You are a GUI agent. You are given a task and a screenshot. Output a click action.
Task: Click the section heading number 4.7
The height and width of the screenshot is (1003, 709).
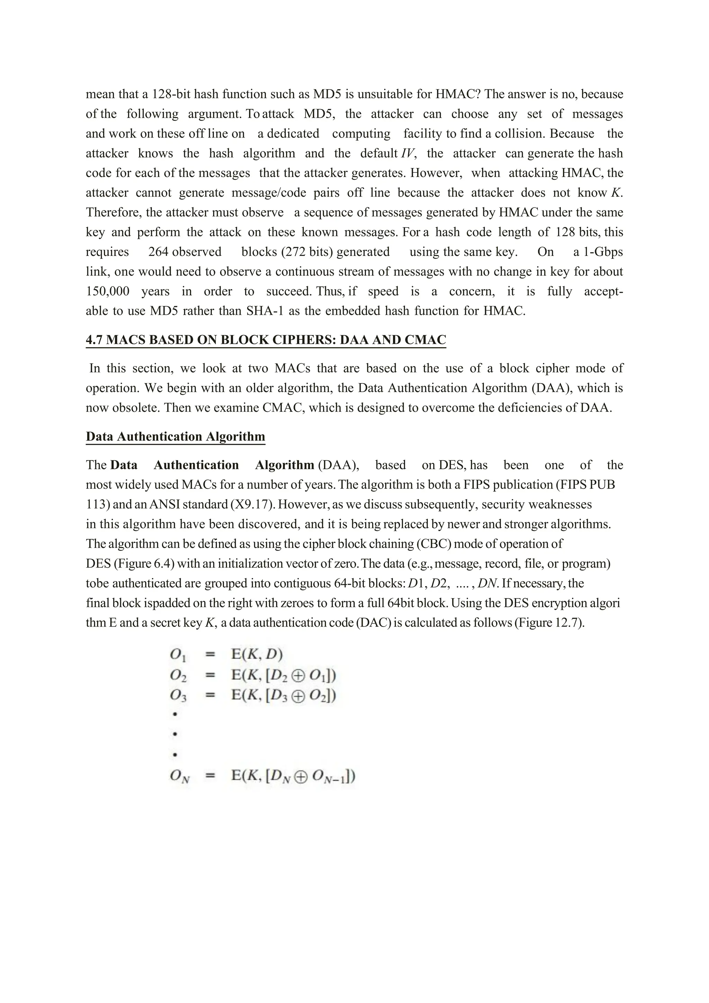point(94,340)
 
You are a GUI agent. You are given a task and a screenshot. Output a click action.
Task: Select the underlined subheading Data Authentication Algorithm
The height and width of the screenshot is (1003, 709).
point(176,436)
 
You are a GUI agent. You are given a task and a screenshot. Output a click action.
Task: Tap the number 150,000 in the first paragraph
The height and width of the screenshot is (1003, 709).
point(108,291)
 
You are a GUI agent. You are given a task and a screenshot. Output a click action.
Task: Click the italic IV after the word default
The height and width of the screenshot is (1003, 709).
point(408,153)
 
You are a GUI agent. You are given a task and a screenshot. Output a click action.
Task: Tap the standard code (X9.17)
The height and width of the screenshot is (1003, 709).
point(253,505)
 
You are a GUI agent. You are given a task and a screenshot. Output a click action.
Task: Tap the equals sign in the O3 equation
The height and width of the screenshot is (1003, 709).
point(210,695)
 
